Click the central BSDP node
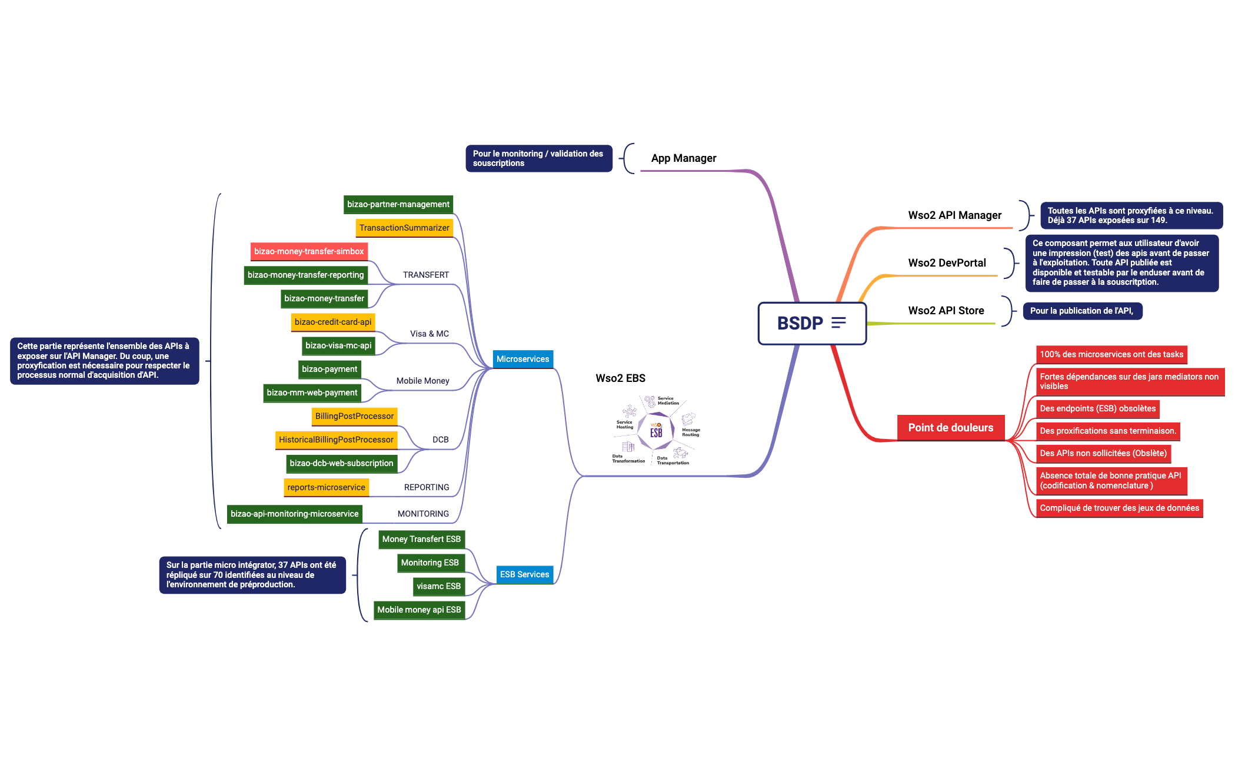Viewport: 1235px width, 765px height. (x=800, y=323)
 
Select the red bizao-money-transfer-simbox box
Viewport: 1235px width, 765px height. (x=309, y=251)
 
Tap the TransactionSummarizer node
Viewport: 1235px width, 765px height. (x=404, y=228)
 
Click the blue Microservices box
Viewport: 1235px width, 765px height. (x=522, y=359)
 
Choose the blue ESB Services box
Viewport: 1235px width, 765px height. (x=524, y=574)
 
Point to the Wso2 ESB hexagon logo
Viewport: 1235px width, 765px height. (x=656, y=431)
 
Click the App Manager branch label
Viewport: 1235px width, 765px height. (x=683, y=158)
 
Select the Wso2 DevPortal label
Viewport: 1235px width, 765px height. (x=947, y=263)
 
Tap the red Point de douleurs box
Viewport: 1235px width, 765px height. (x=950, y=428)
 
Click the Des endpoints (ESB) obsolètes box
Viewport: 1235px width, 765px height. (x=1097, y=408)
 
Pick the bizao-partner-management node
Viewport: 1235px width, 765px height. (x=398, y=204)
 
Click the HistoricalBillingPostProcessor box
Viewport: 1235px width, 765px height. (x=336, y=440)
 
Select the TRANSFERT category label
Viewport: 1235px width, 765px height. (x=425, y=275)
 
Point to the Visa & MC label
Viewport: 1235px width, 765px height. (x=429, y=334)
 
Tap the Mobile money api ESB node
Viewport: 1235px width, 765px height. (x=419, y=610)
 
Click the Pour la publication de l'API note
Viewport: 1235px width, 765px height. (x=1082, y=311)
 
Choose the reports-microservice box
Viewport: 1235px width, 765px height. (x=326, y=487)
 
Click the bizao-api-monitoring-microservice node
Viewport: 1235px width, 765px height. (x=294, y=514)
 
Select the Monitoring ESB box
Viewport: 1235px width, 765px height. (x=430, y=563)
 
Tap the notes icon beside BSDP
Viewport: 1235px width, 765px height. (x=838, y=322)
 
